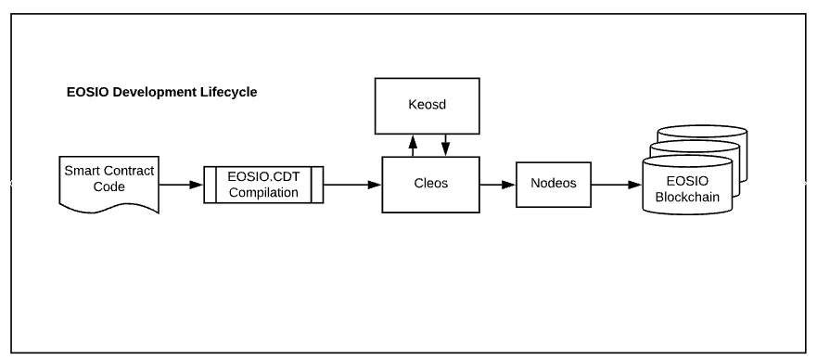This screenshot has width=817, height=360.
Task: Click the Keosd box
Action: pos(427,106)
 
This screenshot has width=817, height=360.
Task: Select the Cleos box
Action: pos(430,185)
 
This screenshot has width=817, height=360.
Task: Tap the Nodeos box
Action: pos(554,185)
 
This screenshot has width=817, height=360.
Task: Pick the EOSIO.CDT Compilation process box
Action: pos(263,185)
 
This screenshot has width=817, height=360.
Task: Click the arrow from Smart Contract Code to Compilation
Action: pos(181,185)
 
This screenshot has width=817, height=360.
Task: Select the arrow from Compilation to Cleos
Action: pos(352,185)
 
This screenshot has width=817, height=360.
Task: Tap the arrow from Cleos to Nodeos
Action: pos(498,185)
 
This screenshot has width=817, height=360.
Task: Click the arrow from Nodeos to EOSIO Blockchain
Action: pos(617,185)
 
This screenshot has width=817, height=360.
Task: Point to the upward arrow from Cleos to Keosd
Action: pos(414,146)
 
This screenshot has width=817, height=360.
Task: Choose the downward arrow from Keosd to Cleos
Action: pos(445,146)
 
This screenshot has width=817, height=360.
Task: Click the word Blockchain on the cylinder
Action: pos(687,197)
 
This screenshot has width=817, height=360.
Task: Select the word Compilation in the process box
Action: pos(263,192)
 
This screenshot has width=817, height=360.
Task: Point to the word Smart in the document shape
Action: pos(82,171)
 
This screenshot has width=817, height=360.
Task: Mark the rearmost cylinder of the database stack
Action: pos(702,136)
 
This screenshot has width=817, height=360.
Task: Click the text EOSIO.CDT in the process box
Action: pos(263,176)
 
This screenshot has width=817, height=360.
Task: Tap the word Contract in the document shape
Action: pos(129,171)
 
